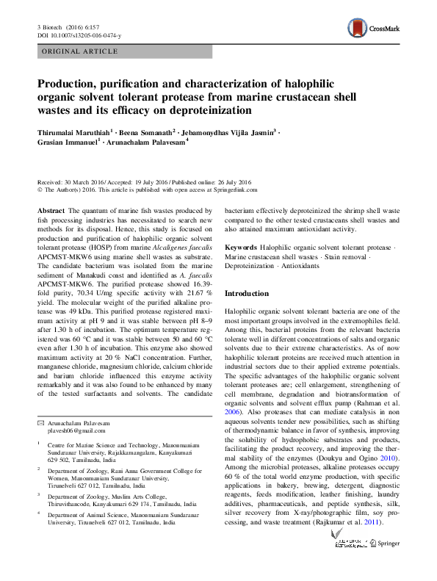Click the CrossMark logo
click(374, 29)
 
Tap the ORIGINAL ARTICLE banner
click(80, 51)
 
